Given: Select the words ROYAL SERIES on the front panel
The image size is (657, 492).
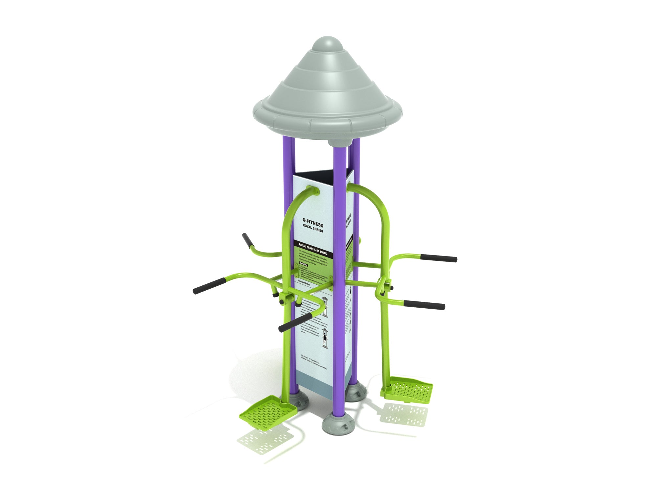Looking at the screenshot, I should (313, 229).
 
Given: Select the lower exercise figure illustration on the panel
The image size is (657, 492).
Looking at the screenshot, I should (325, 338).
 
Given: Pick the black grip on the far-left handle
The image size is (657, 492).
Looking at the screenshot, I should (209, 286).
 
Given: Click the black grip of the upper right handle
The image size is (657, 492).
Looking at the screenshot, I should (439, 258).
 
